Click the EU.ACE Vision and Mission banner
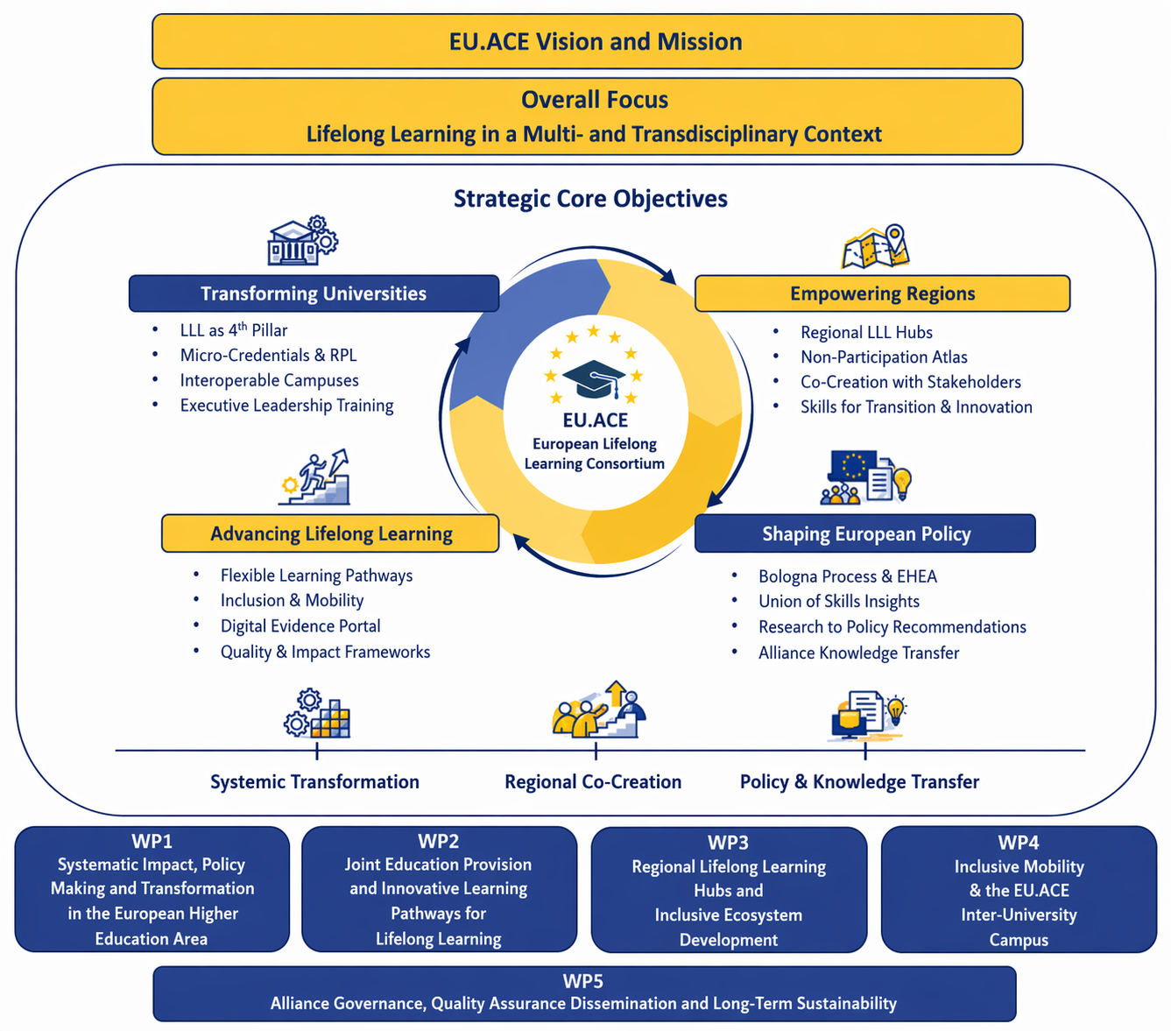pos(587,41)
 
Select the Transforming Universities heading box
pos(314,293)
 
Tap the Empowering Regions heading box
pos(882,293)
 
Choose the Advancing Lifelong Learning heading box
pos(330,533)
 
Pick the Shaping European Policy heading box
pos(865,533)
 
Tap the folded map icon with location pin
pos(876,247)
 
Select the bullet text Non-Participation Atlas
pos(884,357)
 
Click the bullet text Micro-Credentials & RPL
pos(268,355)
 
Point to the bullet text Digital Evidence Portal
pos(300,626)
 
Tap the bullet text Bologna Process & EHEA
pos(848,576)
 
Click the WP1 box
pos(152,889)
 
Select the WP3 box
pos(729,890)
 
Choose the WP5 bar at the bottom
pos(584,993)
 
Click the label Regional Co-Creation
pos(593,781)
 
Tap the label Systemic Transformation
pos(314,781)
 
